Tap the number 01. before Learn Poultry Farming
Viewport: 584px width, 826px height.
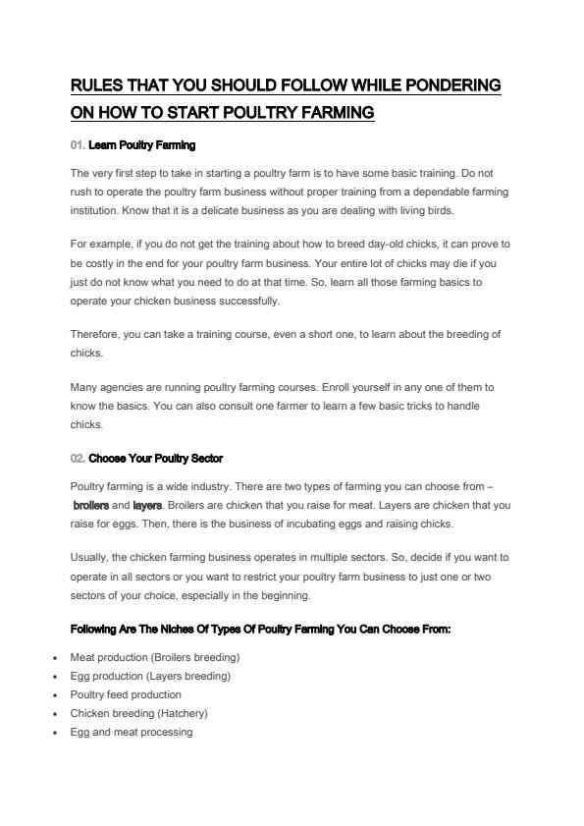click(78, 145)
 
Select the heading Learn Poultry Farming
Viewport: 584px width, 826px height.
click(142, 145)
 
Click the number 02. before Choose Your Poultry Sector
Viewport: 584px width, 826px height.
click(79, 459)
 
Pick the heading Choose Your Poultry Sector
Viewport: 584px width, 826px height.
click(156, 459)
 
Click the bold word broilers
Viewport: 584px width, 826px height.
click(90, 506)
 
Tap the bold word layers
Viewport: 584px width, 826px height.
click(147, 506)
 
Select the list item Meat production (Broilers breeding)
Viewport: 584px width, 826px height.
click(155, 657)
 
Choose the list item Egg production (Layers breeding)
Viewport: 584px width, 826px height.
click(150, 676)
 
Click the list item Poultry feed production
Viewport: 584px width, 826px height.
click(126, 694)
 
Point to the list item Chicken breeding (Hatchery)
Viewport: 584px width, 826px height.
click(138, 713)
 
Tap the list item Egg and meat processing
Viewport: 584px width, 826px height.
click(132, 732)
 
